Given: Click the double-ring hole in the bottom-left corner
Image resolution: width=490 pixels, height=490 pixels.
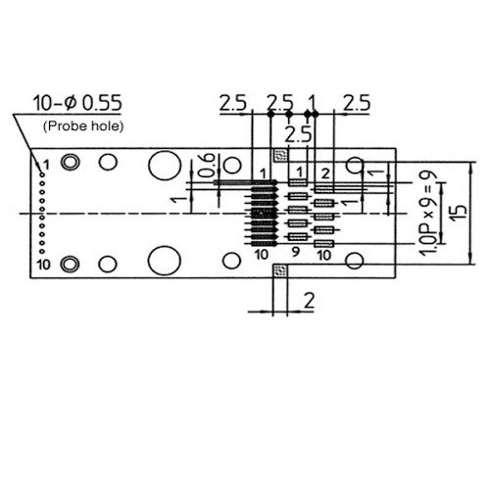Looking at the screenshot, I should coord(70,263).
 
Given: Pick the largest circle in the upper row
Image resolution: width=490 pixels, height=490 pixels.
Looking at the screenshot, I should coord(164,167).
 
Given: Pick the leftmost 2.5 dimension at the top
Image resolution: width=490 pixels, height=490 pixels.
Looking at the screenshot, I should coord(232,103).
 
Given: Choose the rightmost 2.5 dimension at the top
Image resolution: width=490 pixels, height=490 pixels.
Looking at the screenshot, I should coord(357,103).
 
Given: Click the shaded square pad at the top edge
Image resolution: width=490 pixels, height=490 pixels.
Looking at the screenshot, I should coord(280,154).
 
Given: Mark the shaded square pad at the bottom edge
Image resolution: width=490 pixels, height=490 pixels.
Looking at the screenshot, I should coord(280,271).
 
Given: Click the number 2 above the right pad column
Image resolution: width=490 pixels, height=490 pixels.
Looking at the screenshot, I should coord(326,174).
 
